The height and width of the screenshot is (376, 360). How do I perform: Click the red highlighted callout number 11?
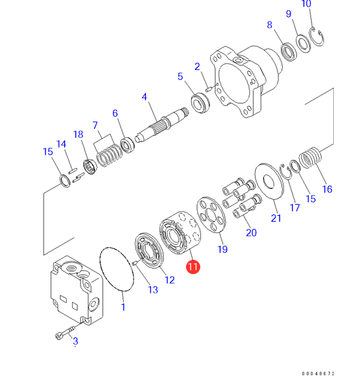pos(193,267)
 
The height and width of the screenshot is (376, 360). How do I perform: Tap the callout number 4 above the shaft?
pos(144,97)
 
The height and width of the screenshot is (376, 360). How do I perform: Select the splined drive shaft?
pos(162,125)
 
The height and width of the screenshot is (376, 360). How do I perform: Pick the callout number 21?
pos(276,218)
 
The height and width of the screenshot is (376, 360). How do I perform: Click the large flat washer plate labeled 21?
pos(269,181)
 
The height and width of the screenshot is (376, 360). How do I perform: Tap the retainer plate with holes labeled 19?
pos(211,215)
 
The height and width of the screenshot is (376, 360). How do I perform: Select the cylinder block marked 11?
pos(180,233)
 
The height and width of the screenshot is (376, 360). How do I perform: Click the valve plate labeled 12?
pos(149,250)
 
